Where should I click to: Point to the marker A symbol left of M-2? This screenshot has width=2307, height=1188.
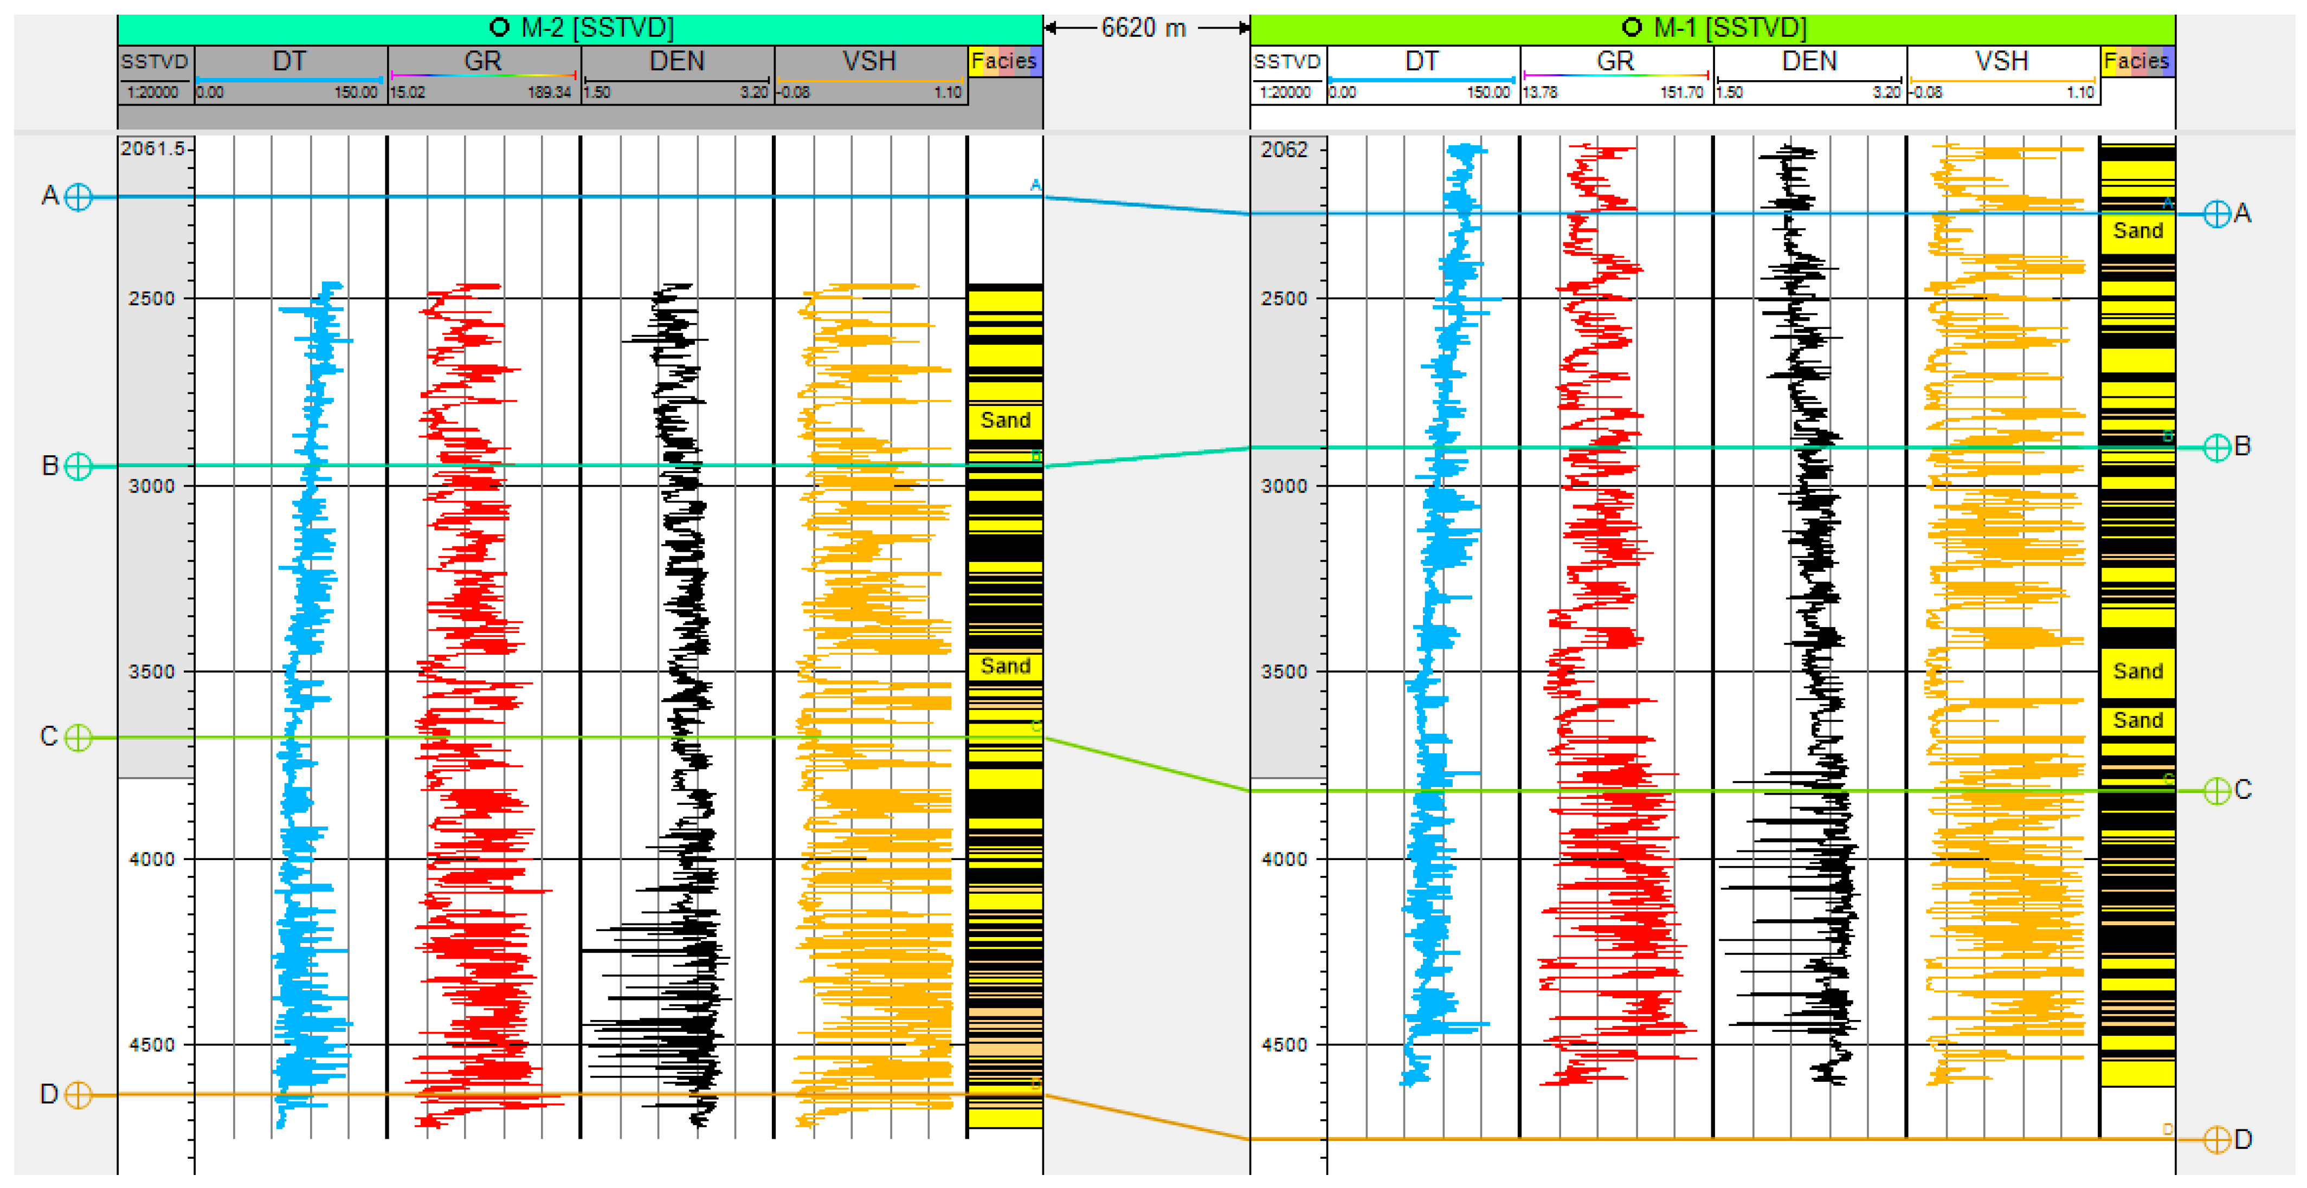79,197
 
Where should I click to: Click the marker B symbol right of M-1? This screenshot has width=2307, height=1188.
2216,447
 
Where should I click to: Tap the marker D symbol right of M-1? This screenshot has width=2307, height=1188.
2216,1140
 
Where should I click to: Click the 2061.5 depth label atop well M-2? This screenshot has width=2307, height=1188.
152,148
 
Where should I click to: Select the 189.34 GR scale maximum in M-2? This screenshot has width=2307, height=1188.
549,92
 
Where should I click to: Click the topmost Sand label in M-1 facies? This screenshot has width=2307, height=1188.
2138,231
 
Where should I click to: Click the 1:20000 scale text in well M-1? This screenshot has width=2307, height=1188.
1285,92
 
